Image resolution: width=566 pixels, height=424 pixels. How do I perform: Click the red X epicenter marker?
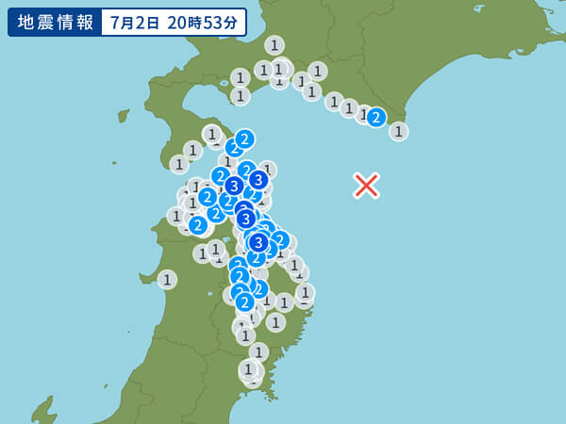pos(366,186)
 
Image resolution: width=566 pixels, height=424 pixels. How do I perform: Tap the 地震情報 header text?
pos(53,22)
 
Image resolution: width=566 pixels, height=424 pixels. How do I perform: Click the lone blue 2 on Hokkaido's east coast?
pos(376,117)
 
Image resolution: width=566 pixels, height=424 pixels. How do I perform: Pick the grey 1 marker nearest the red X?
pos(398,131)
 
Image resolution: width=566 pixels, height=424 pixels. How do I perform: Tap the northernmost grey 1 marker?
pos(275,44)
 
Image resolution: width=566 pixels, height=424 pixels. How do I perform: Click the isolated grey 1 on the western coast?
pos(167,279)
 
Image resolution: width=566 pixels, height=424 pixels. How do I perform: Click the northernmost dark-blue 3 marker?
pos(258,179)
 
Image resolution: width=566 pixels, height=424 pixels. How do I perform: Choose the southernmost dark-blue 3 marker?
pos(258,242)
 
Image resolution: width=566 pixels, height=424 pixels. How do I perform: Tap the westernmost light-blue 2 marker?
pos(198,225)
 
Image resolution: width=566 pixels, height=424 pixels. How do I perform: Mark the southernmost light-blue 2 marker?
pos(245,302)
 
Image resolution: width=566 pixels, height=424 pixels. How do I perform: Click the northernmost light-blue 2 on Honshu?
pos(244,139)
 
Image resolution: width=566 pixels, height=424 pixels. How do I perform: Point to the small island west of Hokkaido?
pos(123,116)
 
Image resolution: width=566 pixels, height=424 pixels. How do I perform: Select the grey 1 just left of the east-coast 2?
pos(363,113)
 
